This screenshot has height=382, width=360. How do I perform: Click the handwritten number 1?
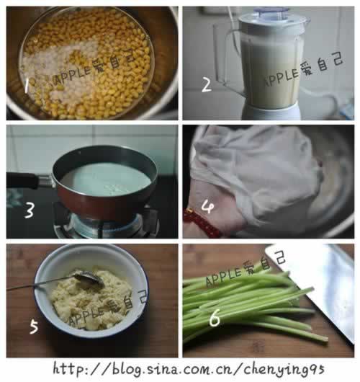tap(27, 86)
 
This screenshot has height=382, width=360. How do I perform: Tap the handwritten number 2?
tap(207, 85)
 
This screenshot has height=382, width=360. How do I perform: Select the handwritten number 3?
tap(30, 210)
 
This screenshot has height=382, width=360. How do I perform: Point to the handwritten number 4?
tap(207, 207)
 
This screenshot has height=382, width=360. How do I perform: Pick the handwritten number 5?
tap(34, 327)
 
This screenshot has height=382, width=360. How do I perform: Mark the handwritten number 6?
tap(215, 317)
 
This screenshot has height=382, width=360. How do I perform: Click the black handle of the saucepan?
tap(22, 180)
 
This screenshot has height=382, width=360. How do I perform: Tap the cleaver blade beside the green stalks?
tap(316, 285)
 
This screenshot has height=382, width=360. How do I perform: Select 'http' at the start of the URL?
tap(68, 369)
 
